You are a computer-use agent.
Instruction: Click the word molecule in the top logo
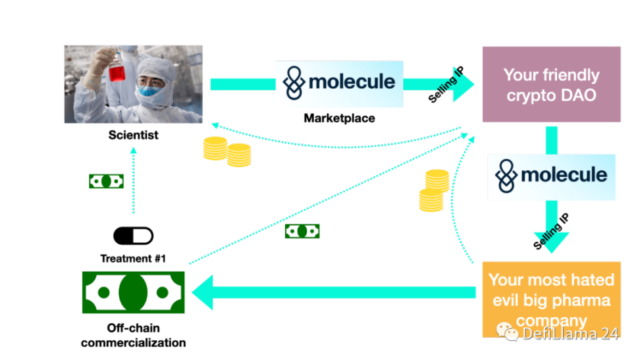pos(352,82)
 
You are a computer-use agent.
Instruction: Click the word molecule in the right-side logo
pos(564,175)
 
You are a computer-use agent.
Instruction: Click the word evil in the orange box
pos(506,301)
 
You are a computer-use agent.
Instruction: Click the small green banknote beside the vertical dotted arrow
pos(107,181)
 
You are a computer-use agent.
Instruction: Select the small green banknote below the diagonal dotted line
pos(302,231)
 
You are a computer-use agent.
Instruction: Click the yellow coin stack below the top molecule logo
pos(227,151)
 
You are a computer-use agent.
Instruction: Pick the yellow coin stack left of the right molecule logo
pos(434,190)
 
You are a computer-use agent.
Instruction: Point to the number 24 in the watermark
pos(610,334)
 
